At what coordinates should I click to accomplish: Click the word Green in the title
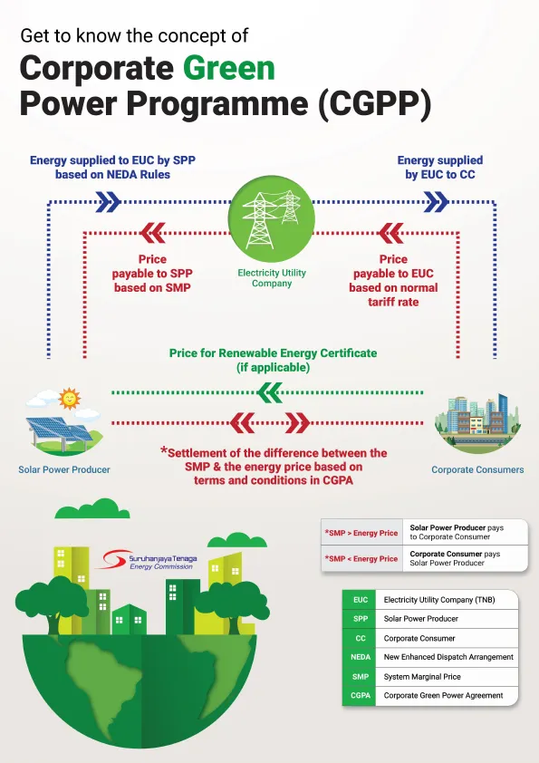228,68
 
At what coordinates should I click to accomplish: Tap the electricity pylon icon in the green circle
272,219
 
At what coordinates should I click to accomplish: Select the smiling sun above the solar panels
69,399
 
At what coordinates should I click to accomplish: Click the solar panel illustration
61,433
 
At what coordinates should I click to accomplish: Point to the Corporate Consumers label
477,469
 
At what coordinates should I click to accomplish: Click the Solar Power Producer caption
64,469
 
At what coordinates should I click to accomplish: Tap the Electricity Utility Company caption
272,278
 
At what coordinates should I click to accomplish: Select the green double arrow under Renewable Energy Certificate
270,392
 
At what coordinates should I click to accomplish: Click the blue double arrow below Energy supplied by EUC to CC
436,202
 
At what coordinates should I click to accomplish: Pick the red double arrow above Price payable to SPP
153,233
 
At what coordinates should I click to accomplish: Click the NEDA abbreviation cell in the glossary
360,657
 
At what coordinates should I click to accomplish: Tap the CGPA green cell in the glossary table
360,695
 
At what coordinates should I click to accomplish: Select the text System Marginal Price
422,676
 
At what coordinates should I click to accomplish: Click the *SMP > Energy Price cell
361,533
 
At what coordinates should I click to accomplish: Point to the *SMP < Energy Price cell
361,558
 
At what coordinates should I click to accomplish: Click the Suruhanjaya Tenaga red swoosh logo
112,559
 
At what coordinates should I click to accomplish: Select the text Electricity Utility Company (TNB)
439,600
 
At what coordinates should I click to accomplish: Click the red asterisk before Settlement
164,450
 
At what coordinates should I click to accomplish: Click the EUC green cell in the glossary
360,600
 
